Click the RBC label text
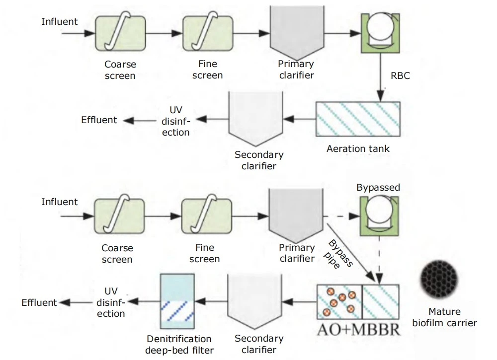pos(400,75)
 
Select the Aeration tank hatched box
pos(358,119)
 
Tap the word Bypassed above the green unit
pos(378,187)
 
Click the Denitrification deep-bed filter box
pos(177,301)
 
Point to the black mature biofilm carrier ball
pos(439,279)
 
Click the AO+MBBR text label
pos(358,330)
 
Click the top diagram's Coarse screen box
pos(120,33)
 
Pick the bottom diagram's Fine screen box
pos(207,216)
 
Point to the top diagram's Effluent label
pos(99,120)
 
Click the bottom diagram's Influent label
pos(59,202)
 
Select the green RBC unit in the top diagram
pos(380,33)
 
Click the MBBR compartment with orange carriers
pos(339,302)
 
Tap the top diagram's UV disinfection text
pos(175,121)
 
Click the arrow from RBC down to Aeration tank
pos(380,77)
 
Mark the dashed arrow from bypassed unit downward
pos(379,260)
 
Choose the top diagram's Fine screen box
pos(208,33)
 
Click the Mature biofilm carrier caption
pos(444,317)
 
